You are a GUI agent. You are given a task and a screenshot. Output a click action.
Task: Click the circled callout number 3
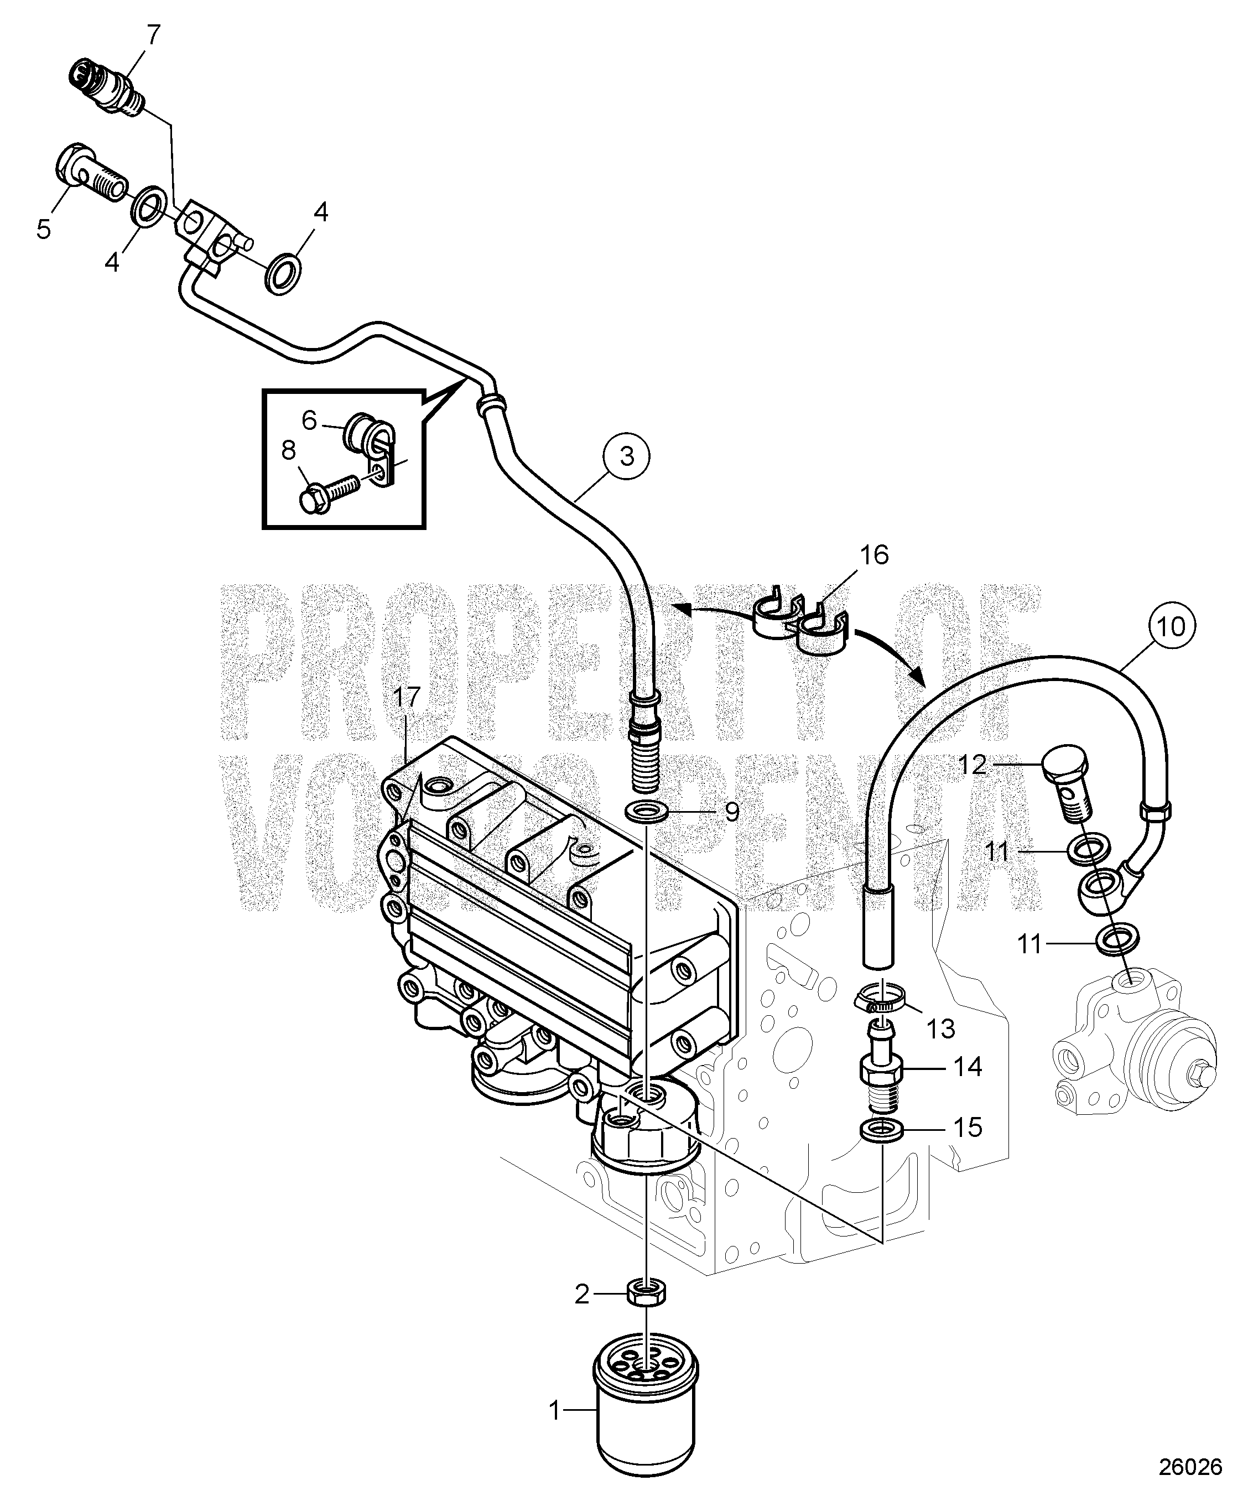(x=626, y=456)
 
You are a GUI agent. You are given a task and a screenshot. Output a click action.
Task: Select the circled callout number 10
(x=1172, y=627)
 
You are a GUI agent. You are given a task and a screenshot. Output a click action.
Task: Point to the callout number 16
(x=874, y=554)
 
